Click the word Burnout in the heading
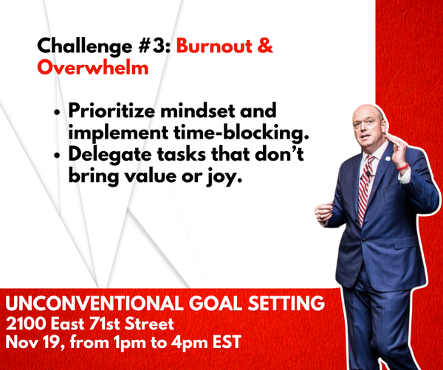click(x=214, y=46)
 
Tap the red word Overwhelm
click(x=93, y=68)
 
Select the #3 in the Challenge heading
click(x=154, y=46)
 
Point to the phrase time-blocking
click(x=241, y=133)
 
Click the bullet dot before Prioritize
click(x=58, y=112)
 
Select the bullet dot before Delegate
click(x=58, y=156)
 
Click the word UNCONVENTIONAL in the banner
click(x=95, y=303)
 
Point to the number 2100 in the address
click(x=26, y=324)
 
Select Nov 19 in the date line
click(x=34, y=342)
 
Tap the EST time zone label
click(x=227, y=342)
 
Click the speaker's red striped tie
click(x=365, y=191)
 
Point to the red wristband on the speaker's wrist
click(x=402, y=167)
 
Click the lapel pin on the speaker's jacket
click(x=388, y=158)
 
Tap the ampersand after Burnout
click(x=265, y=46)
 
